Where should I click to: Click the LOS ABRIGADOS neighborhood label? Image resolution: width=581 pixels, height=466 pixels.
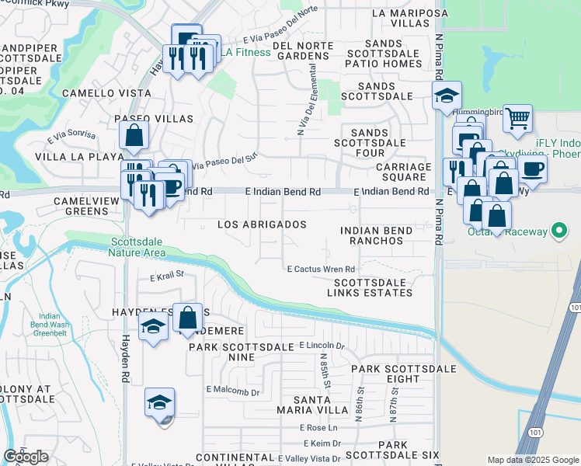(x=261, y=224)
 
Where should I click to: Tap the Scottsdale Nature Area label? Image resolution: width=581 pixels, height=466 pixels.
(x=139, y=246)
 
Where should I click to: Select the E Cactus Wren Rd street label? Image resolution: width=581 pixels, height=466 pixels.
(x=321, y=270)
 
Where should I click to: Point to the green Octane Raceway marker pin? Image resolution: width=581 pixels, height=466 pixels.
(x=558, y=231)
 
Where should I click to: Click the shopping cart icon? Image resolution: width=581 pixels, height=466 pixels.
(x=517, y=119)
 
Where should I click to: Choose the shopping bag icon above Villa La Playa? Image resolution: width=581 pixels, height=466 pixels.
(x=134, y=135)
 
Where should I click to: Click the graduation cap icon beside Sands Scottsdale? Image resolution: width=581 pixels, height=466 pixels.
(x=447, y=96)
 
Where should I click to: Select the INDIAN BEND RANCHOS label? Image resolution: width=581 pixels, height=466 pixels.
(x=373, y=236)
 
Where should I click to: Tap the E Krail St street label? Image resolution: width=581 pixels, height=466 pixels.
(x=166, y=274)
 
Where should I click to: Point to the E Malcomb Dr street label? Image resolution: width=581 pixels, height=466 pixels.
(x=233, y=392)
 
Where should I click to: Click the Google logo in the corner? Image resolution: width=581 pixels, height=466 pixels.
(x=26, y=457)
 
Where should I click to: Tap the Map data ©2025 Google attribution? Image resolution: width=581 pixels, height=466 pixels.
(x=532, y=460)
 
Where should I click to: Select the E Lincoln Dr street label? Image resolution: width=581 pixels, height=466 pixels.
(x=321, y=345)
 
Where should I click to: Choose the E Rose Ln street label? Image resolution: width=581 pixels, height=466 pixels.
(x=320, y=428)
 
